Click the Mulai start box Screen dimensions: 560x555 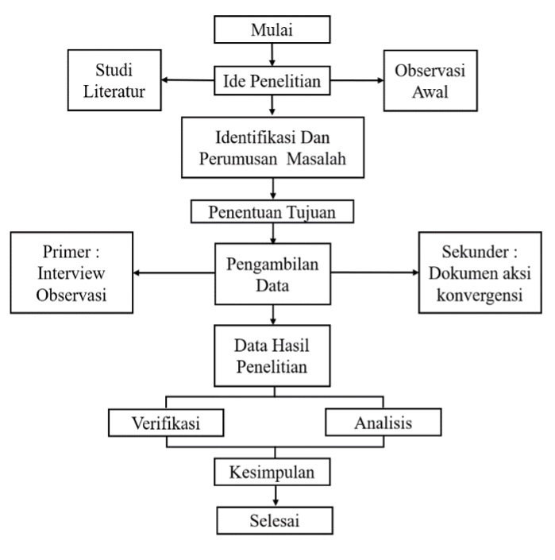[x=273, y=31]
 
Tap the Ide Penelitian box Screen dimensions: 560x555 [x=273, y=80]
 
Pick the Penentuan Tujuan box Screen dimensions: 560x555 [x=273, y=212]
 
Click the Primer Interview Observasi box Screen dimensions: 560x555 [x=72, y=272]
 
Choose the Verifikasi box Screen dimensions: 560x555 [x=165, y=423]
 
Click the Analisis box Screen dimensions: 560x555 [x=383, y=423]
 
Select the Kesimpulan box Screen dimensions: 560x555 [x=273, y=473]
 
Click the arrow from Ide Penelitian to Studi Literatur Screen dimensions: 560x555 [x=191, y=80]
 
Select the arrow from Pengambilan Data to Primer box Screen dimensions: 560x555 [x=174, y=272]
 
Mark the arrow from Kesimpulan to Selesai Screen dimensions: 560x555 [x=275, y=496]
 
